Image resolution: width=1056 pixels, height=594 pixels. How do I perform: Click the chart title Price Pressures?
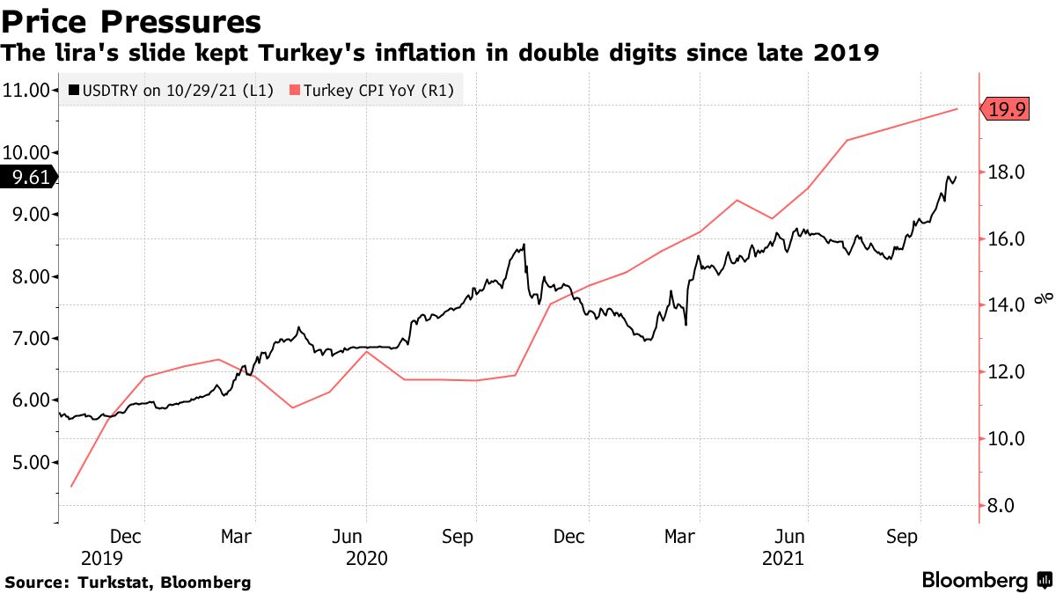132,21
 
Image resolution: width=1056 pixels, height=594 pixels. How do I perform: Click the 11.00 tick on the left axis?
26,90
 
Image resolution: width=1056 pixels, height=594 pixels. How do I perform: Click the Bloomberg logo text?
974,581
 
